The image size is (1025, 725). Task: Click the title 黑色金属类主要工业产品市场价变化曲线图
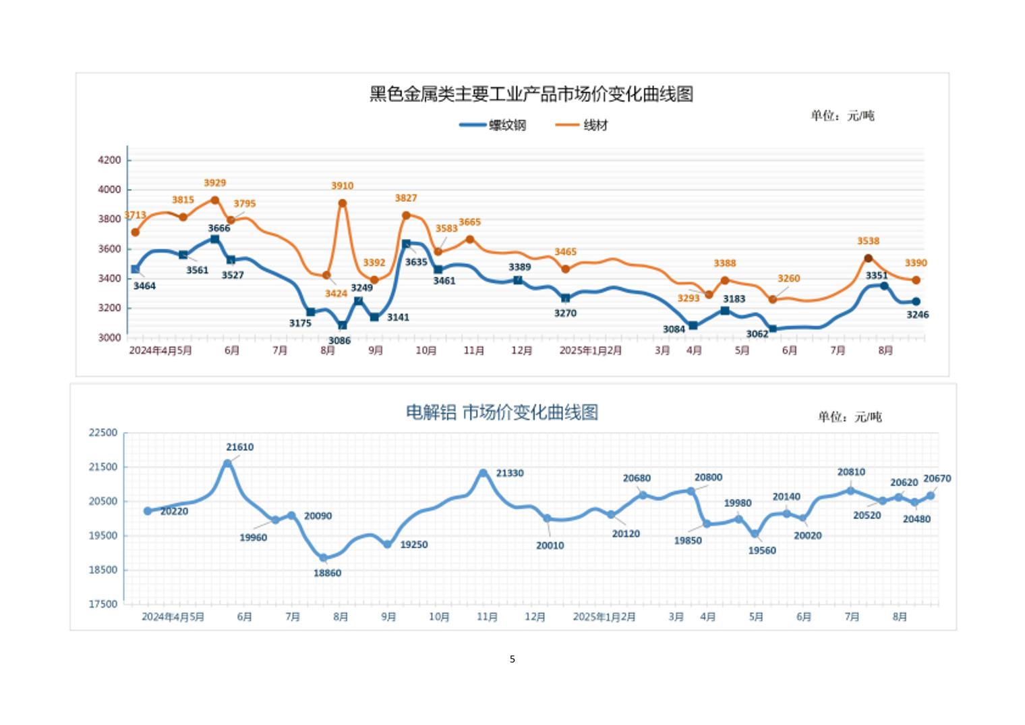pyautogui.click(x=531, y=94)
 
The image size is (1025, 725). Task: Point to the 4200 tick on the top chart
pyautogui.click(x=109, y=160)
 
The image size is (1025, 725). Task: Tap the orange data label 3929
pyautogui.click(x=214, y=183)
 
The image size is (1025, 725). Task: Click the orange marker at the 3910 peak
pyautogui.click(x=343, y=203)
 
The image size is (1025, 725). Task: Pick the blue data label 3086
pyautogui.click(x=339, y=341)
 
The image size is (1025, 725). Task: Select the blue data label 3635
pyautogui.click(x=416, y=262)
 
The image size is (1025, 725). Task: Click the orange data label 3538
pyautogui.click(x=868, y=241)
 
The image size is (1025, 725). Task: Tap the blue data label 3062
pyautogui.click(x=757, y=334)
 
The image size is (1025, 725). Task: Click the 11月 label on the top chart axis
pyautogui.click(x=474, y=351)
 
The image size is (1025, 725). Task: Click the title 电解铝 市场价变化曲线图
pyautogui.click(x=502, y=412)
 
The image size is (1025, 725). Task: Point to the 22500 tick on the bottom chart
pyautogui.click(x=102, y=433)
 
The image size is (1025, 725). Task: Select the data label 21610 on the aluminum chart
pyautogui.click(x=240, y=447)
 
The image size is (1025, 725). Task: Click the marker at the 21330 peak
pyautogui.click(x=484, y=473)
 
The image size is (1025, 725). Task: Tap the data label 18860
pyautogui.click(x=327, y=573)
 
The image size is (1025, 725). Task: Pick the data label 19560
pyautogui.click(x=762, y=550)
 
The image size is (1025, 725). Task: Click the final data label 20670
pyautogui.click(x=937, y=479)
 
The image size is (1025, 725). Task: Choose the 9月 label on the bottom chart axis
pyautogui.click(x=388, y=617)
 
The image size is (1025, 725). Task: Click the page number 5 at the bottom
pyautogui.click(x=512, y=659)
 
